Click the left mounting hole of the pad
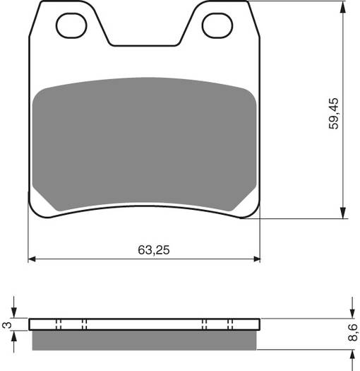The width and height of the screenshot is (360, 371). click(x=71, y=26)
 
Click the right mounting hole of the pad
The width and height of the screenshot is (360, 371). click(x=217, y=26)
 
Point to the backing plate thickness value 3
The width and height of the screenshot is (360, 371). click(x=6, y=325)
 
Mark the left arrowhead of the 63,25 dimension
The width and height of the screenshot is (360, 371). click(x=32, y=259)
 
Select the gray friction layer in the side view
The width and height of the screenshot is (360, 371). click(x=144, y=341)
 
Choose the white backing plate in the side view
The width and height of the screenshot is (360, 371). click(x=144, y=324)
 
